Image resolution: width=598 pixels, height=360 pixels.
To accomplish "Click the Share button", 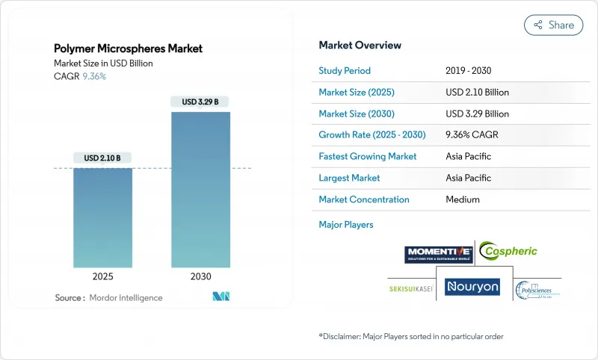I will (x=553, y=25).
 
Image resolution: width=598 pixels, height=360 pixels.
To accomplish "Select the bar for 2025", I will (x=102, y=217).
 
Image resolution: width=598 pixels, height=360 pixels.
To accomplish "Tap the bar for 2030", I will (x=200, y=190).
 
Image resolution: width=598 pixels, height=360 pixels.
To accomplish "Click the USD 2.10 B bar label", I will (x=102, y=158).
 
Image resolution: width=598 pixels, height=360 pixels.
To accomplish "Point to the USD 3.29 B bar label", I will (x=200, y=102).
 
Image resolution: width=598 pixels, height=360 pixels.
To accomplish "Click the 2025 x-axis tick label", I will (x=102, y=276).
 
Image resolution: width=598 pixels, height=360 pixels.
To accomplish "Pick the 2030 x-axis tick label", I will (x=200, y=276).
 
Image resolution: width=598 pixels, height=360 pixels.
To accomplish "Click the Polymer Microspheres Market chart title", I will (x=128, y=49).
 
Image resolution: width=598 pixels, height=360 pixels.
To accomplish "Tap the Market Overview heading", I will (x=360, y=45).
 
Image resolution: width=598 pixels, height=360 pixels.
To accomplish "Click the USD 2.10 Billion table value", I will (x=476, y=93).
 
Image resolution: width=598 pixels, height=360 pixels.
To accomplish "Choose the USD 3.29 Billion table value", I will (x=476, y=114).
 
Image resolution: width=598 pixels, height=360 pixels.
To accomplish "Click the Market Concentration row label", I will (x=364, y=199).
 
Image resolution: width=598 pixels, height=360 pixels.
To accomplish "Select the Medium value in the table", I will (x=462, y=199).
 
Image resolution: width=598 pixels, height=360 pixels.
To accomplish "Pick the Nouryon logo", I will (x=472, y=286).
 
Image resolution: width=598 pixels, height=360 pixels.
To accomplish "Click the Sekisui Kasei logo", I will (x=413, y=288).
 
